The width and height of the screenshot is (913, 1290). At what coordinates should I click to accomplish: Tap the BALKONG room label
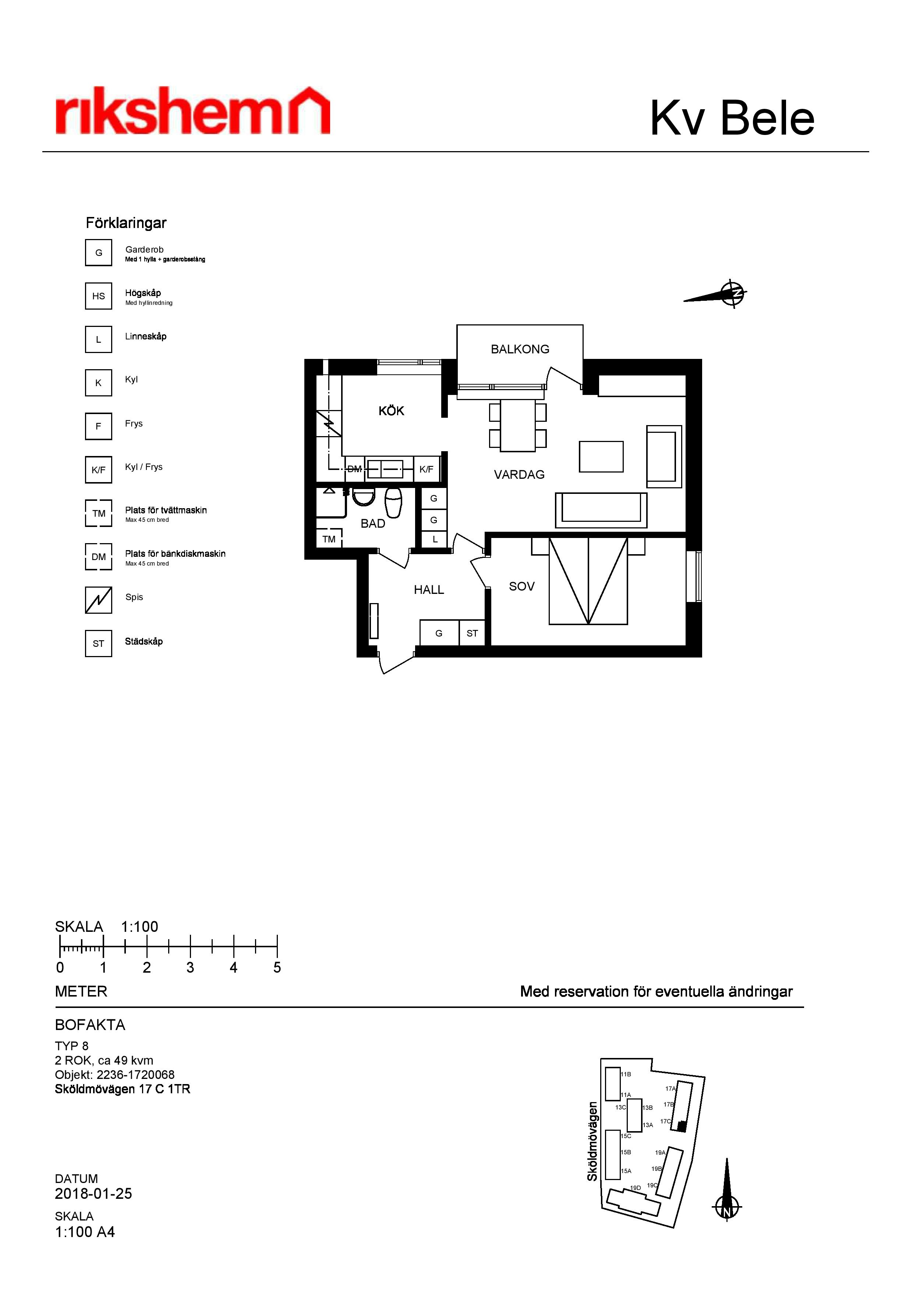click(x=520, y=349)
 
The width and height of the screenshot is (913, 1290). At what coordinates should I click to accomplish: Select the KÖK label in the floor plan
click(x=391, y=411)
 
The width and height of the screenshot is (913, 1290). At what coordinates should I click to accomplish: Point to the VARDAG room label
click(x=519, y=475)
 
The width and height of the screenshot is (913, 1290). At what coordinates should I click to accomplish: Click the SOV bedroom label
click(x=521, y=587)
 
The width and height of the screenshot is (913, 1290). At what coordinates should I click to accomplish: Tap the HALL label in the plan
click(x=429, y=590)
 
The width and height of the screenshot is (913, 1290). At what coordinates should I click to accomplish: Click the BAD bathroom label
click(x=373, y=524)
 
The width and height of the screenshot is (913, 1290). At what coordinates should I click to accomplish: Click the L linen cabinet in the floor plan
click(x=435, y=539)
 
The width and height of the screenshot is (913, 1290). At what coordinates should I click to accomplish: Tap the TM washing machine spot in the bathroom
click(x=329, y=538)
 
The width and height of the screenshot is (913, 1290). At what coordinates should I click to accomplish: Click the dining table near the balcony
click(x=518, y=425)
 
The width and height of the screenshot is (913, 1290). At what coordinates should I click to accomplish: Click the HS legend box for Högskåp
click(x=98, y=296)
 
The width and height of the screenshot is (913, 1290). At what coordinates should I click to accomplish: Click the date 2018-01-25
click(x=93, y=1193)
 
